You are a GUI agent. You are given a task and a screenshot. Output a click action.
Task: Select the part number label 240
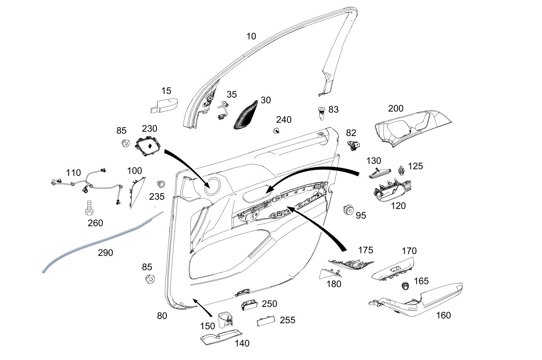tap(284, 120)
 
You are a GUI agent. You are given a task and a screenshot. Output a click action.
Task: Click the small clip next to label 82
tap(354, 144)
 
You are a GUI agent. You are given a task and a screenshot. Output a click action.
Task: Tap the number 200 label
tap(395, 108)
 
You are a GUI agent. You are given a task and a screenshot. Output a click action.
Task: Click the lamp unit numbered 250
tap(249, 305)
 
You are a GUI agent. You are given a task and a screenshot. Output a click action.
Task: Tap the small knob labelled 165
tap(405, 286)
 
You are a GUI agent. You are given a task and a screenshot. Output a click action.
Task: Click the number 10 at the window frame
tap(251, 36)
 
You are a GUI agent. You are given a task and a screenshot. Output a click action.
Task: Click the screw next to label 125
tap(401, 169)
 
